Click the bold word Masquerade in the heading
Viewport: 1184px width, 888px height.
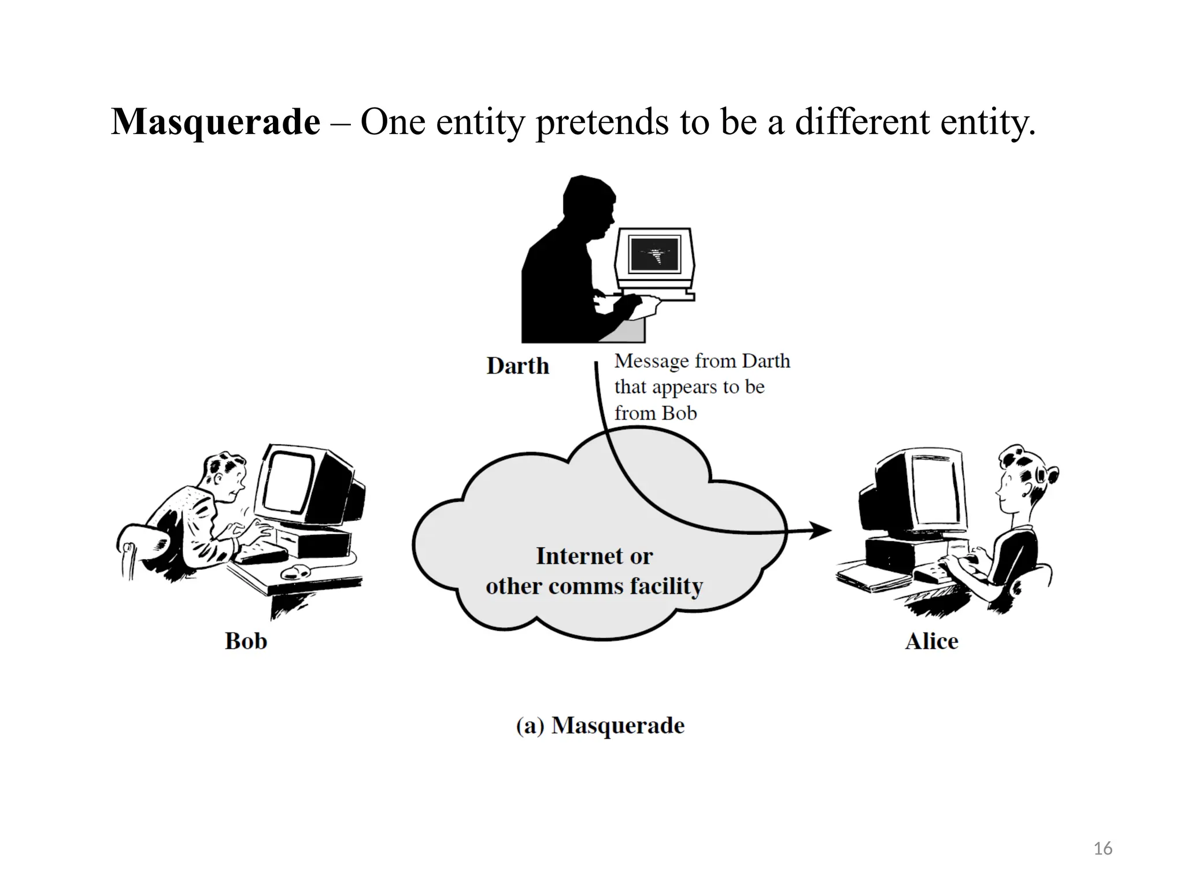[x=215, y=123]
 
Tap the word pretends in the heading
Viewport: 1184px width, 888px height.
[x=602, y=123]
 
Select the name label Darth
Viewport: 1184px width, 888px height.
[x=517, y=366]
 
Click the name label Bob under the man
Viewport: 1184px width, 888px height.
[x=246, y=641]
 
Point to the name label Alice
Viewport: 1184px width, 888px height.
[x=931, y=641]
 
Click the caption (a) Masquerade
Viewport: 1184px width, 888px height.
[x=600, y=726]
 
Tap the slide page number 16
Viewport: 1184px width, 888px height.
[x=1103, y=849]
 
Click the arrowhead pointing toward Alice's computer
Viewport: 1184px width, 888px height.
[x=821, y=530]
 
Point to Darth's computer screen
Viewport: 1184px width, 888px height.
[x=654, y=254]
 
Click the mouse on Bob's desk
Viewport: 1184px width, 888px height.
[x=295, y=572]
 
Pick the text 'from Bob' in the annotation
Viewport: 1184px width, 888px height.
[x=656, y=413]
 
